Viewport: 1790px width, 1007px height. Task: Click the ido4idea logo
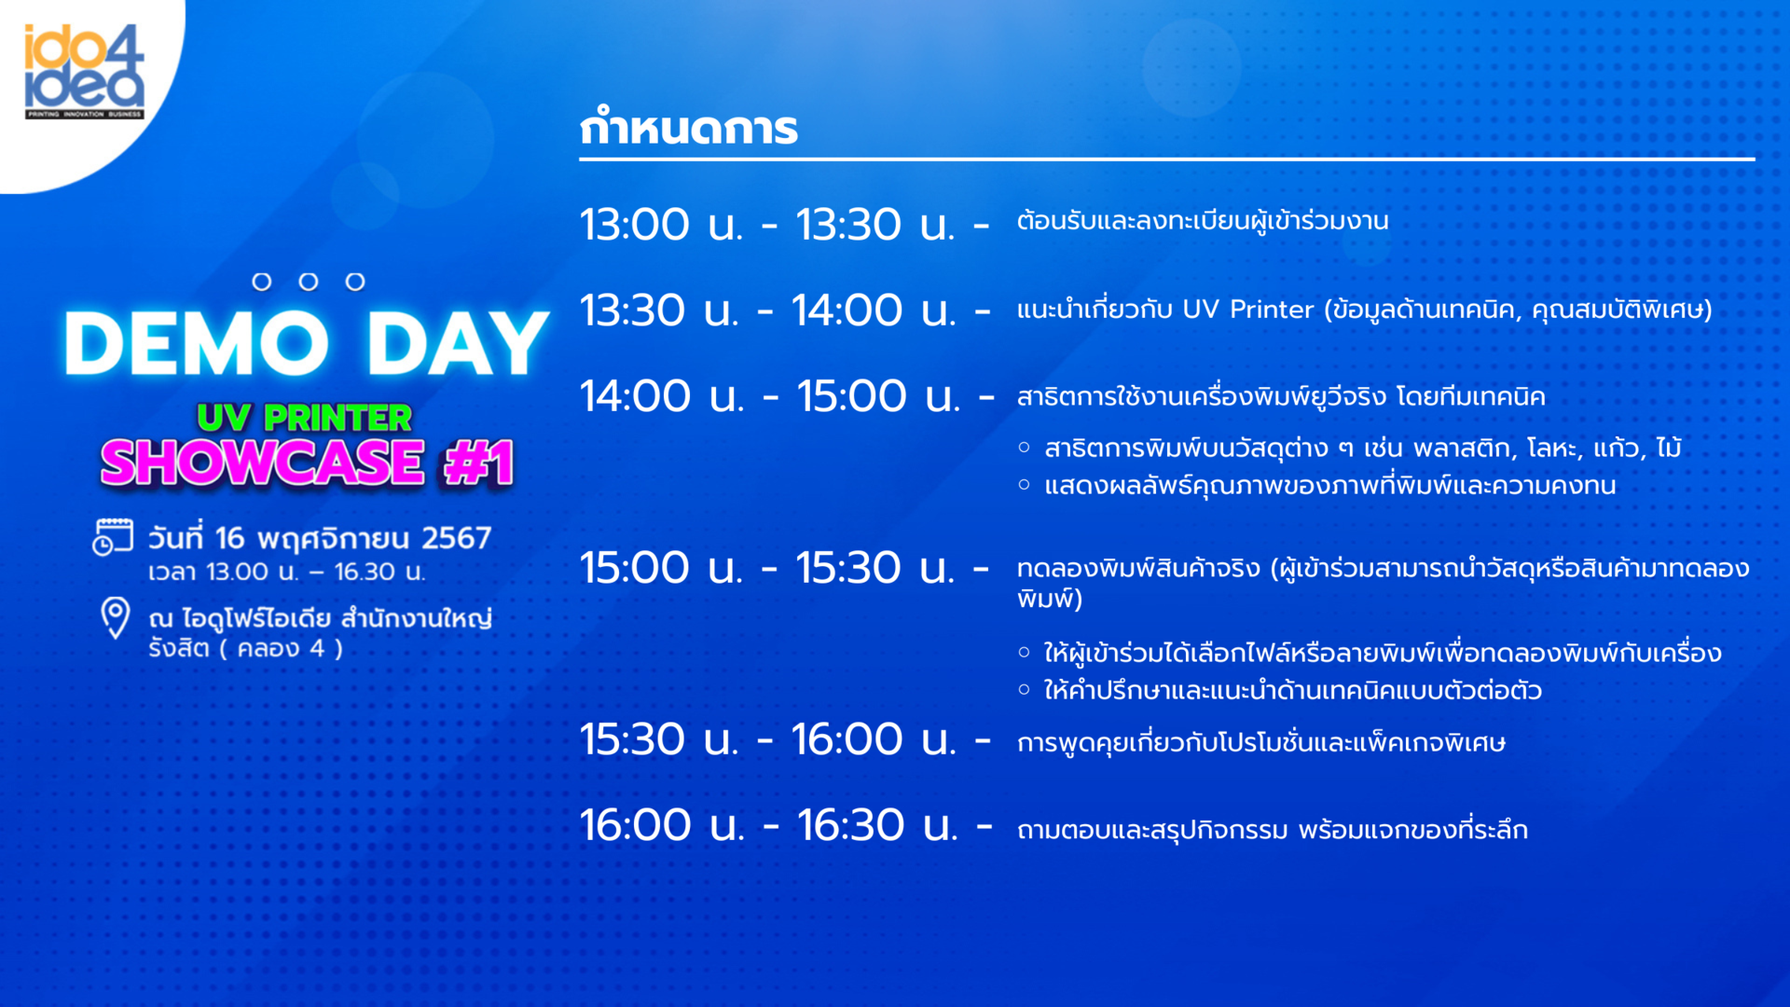84,72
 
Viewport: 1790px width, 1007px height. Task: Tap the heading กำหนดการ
689,128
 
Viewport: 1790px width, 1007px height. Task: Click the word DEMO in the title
197,342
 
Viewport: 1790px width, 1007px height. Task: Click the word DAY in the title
458,342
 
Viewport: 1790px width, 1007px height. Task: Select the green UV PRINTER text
305,418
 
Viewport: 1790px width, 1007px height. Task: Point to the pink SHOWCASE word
263,462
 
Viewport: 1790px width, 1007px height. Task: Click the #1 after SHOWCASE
479,462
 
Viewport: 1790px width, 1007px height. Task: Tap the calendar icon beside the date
113,537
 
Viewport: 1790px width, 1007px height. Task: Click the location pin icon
116,618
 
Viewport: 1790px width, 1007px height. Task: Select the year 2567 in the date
456,538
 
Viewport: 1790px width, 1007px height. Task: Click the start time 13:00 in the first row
635,225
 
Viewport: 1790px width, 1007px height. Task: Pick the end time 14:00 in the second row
847,310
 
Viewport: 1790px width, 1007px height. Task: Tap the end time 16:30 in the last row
850,825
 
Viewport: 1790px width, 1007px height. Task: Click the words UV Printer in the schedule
1247,310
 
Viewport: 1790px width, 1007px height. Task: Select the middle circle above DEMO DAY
309,282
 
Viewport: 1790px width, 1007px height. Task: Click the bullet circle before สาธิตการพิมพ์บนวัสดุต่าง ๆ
1025,448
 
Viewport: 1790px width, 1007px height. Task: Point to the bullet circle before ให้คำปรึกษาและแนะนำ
1025,690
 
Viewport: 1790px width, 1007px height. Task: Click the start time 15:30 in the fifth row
633,739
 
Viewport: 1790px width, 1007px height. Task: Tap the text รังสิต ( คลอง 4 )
245,649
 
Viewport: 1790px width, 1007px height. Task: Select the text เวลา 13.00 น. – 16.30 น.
287,572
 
